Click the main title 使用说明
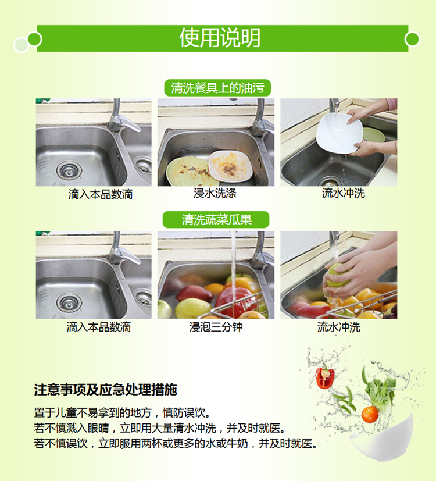[220, 38]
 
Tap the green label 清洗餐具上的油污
[217, 88]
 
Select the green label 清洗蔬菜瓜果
[216, 220]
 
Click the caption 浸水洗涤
[215, 193]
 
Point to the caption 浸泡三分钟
[216, 327]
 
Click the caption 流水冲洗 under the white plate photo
[343, 193]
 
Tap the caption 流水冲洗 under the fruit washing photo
[338, 327]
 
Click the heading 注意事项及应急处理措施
[105, 390]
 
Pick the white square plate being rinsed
[339, 133]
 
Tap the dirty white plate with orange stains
[231, 166]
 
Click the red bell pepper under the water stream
[237, 302]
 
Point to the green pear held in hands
[336, 275]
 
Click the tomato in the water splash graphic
[370, 415]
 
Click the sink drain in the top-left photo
[69, 170]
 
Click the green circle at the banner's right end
[412, 40]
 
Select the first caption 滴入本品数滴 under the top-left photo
[100, 194]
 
